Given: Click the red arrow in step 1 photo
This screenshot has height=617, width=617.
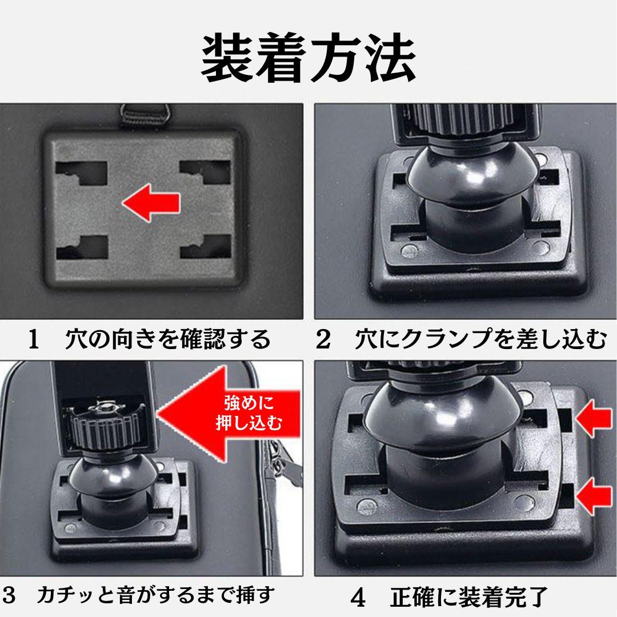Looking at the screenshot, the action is pos(151,203).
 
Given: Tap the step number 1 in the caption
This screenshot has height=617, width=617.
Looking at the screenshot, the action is pos(34,339).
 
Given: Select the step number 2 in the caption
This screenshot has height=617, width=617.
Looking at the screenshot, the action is pos(323,339).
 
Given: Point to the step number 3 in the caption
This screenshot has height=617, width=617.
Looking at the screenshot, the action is pos(9,595).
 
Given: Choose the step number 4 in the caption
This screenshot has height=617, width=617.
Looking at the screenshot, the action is pos(358,598).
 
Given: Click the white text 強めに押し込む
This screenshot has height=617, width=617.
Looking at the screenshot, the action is pos(249,413).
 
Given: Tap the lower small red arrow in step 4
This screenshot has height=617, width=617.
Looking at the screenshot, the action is pos(594,496).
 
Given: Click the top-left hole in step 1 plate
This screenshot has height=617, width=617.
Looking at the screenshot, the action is pos(82,173).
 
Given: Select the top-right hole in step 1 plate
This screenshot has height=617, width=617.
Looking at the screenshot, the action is pos(206,172).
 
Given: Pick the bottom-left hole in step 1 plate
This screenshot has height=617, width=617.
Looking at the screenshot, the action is pos(82,247).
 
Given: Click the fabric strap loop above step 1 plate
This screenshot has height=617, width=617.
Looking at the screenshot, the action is pos(144,114).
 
